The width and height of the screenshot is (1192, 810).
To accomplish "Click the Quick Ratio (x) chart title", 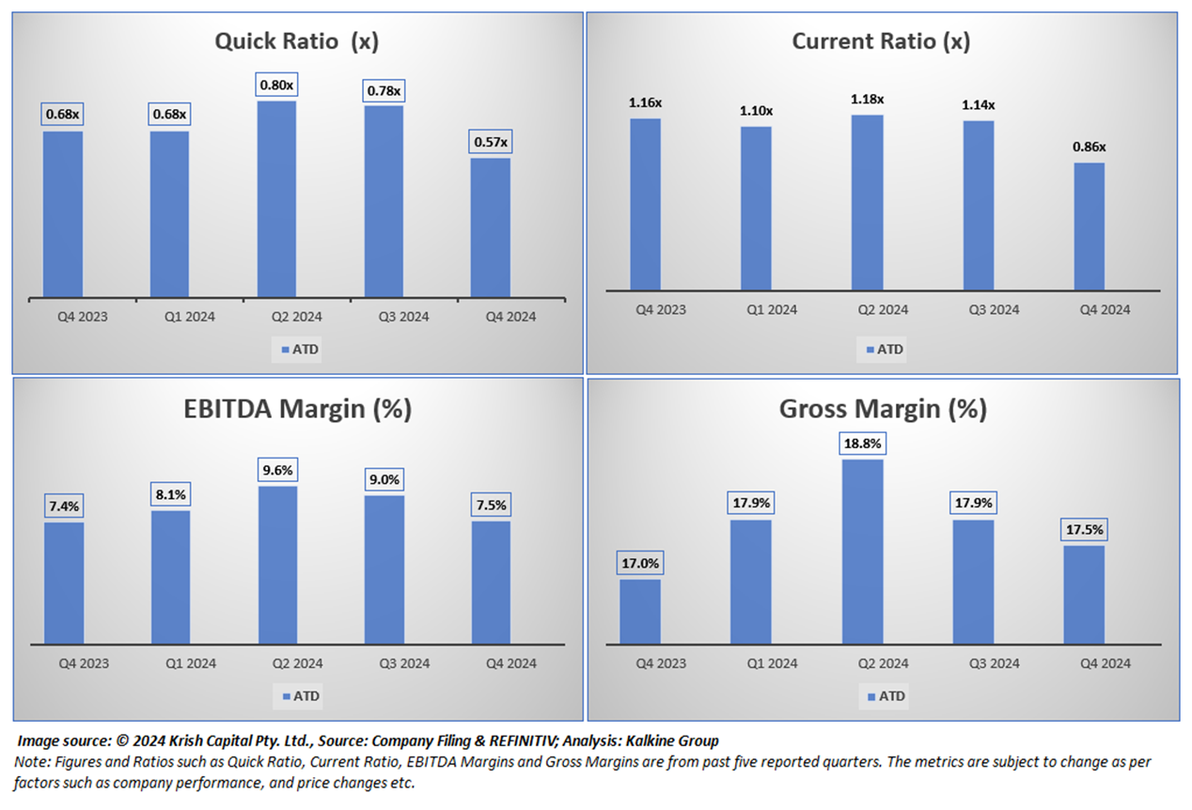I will [x=296, y=41].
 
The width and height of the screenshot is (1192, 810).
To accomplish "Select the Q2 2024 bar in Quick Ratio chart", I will [x=277, y=199].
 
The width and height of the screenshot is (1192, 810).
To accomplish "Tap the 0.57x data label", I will [x=490, y=143].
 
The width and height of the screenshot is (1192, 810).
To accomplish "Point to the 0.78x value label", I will [x=383, y=91].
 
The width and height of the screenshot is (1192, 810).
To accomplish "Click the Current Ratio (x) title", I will [x=881, y=41].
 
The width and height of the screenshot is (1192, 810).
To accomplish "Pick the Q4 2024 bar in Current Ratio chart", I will [x=1089, y=226].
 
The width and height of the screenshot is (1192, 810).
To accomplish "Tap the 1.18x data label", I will [x=867, y=100].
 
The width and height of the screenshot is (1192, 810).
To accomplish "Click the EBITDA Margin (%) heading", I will [x=296, y=410].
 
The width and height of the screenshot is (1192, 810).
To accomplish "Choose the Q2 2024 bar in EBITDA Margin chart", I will [x=277, y=565].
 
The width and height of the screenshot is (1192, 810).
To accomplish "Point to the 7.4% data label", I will [x=63, y=506].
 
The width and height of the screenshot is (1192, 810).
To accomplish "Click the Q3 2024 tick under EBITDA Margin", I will [x=403, y=663].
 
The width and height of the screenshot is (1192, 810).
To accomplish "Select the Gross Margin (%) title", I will [x=883, y=410].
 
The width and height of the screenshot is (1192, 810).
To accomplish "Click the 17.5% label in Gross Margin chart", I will [x=1083, y=529].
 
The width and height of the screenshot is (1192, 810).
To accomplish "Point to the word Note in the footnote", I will [x=32, y=762].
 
